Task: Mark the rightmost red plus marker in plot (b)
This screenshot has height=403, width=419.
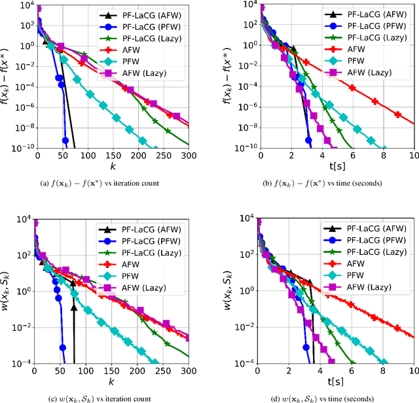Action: pyautogui.click(x=399, y=114)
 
